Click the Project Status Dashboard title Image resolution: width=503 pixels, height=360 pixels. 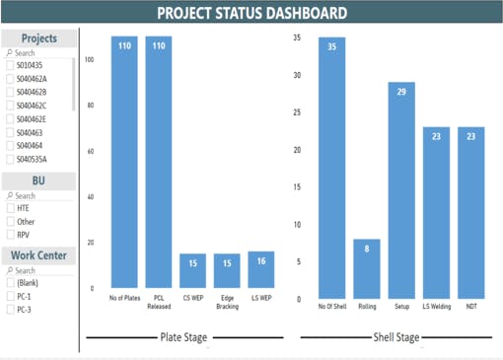pyautogui.click(x=251, y=13)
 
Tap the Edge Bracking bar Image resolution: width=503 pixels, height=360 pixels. pyautogui.click(x=227, y=271)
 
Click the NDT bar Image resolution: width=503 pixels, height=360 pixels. pyautogui.click(x=471, y=212)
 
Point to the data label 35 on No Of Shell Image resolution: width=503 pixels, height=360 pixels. pyautogui.click(x=332, y=44)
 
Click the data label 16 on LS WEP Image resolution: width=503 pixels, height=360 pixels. pyautogui.click(x=261, y=260)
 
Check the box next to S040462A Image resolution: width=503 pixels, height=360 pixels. pyautogui.click(x=11, y=79)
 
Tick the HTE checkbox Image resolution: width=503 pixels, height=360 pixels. pyautogui.click(x=11, y=208)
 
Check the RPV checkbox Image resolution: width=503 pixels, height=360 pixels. pyautogui.click(x=11, y=235)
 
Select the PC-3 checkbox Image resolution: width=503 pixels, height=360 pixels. pyautogui.click(x=11, y=310)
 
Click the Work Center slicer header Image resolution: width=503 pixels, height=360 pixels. pyautogui.click(x=38, y=256)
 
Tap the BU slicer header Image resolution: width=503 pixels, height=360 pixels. pyautogui.click(x=38, y=181)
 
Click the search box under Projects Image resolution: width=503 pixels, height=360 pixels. pyautogui.click(x=39, y=53)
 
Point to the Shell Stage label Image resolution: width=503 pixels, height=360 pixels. pyautogui.click(x=396, y=337)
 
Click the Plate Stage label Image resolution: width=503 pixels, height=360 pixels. pyautogui.click(x=183, y=337)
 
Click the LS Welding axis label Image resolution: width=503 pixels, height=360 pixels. pyautogui.click(x=436, y=307)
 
